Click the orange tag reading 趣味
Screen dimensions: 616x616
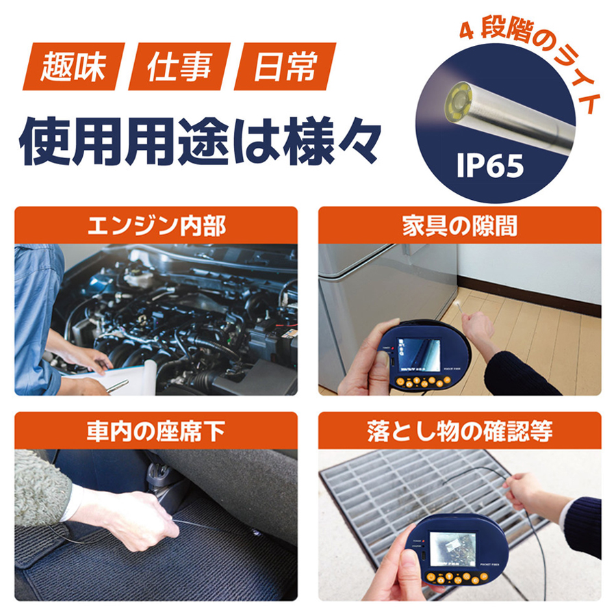coord(74,66)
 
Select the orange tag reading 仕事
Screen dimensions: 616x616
coord(179,66)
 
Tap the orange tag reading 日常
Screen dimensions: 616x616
coord(285,66)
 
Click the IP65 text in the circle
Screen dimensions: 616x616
coord(490,166)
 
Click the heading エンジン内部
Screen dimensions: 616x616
coord(156,227)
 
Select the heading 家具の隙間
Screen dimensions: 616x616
coord(460,227)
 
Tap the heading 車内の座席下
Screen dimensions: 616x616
coord(156,431)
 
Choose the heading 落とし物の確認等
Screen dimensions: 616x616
coord(460,431)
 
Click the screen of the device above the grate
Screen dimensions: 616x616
coord(452,549)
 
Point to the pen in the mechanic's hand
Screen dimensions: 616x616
coord(117,386)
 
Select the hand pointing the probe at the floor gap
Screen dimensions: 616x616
coord(476,325)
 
